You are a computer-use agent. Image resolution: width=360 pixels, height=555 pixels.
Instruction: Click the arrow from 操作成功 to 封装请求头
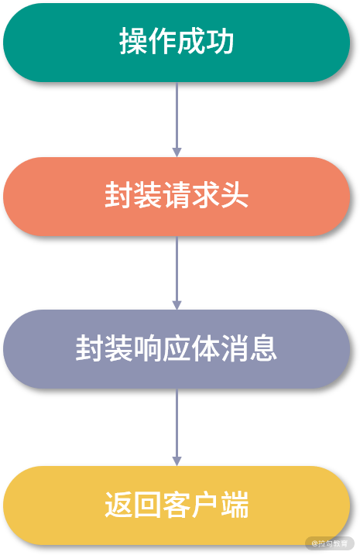(x=177, y=116)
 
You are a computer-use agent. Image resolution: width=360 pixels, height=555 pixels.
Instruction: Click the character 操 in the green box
(x=134, y=43)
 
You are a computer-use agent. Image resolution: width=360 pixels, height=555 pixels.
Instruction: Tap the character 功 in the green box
(x=221, y=43)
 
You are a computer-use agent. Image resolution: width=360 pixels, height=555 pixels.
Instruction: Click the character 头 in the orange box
(x=235, y=196)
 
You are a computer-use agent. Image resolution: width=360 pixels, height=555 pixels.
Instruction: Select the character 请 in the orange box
(x=177, y=196)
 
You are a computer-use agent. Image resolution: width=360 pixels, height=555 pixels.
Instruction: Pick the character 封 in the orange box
(x=119, y=196)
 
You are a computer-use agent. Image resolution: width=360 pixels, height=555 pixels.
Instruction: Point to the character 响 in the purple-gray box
(x=148, y=349)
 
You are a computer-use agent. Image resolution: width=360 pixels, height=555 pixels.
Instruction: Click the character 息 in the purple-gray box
(x=264, y=349)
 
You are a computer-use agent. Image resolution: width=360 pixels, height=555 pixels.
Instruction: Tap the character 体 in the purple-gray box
(x=206, y=349)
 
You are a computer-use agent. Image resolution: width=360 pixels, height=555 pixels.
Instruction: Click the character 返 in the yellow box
(x=119, y=505)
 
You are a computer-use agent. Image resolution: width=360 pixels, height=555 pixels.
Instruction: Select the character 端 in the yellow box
(x=235, y=505)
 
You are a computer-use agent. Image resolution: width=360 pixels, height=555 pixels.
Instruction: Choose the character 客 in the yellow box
(x=177, y=505)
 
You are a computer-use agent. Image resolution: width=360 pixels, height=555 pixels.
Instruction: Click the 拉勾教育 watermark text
(x=334, y=543)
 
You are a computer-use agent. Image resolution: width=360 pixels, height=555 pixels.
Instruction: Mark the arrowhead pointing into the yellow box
(x=177, y=461)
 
